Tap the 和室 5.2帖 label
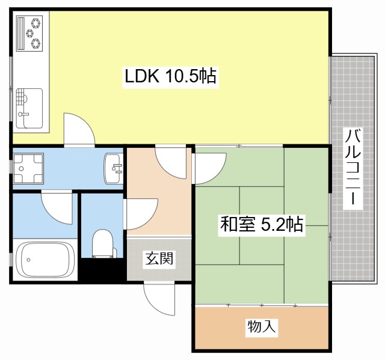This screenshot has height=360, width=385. point(261,225)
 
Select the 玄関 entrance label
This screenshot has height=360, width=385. point(159,259)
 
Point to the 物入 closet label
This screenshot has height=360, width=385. point(262,327)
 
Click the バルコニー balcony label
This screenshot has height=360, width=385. point(352,168)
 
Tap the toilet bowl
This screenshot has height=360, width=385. point(102,243)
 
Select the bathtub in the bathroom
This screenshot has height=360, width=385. point(45,259)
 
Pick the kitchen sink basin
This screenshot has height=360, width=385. point(29,107)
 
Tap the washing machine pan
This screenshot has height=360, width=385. point(28,168)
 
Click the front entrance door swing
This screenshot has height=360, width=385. point(158,298)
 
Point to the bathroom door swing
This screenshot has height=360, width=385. point(57,206)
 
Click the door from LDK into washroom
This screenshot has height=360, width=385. point(78,129)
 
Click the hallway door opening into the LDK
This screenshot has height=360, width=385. point(171,160)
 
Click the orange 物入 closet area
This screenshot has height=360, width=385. point(261,328)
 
